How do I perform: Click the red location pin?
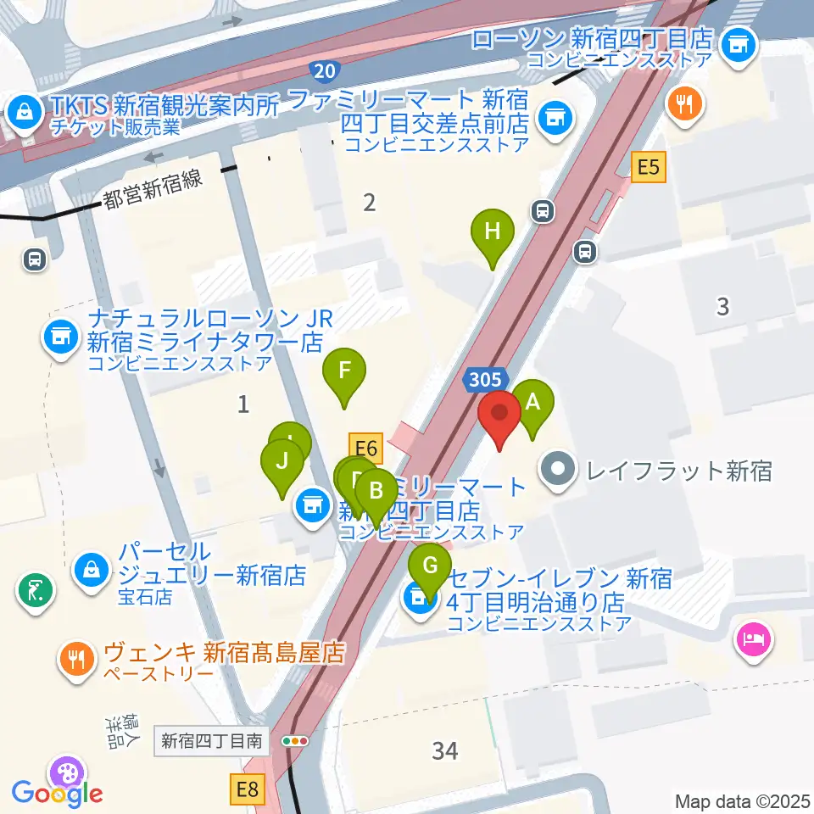(x=499, y=416)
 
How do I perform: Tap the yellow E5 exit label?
(x=648, y=168)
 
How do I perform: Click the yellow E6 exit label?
(x=365, y=447)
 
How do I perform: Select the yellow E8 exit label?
(x=247, y=791)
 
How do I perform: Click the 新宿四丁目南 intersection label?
(x=212, y=741)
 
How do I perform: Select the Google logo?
(x=58, y=794)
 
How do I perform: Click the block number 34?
(x=444, y=750)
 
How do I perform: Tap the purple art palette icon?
(x=66, y=772)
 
